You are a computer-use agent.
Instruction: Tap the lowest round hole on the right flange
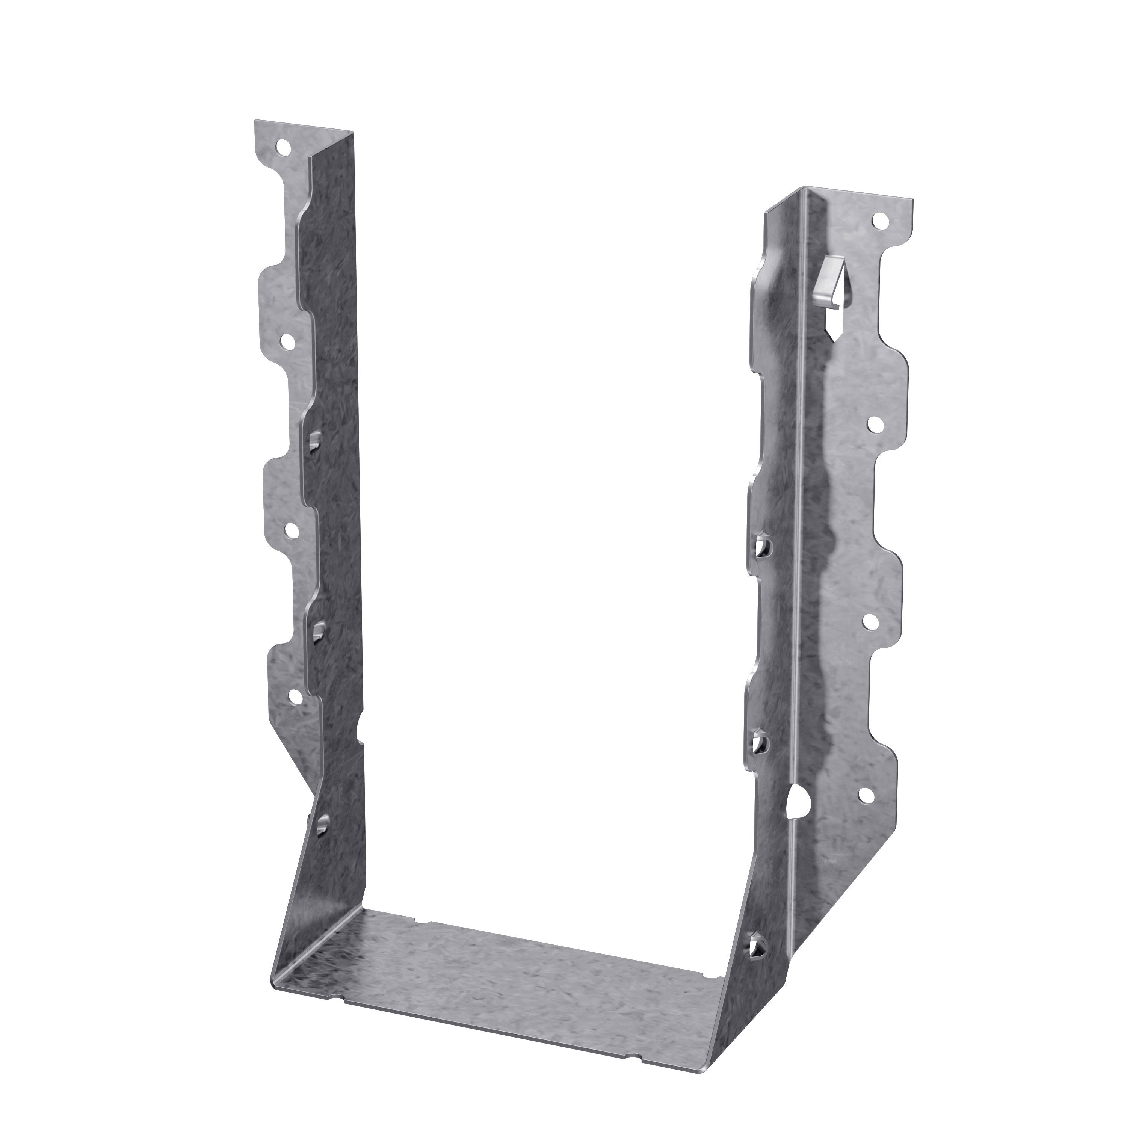pos(866,795)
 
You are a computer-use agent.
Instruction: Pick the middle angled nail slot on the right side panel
pos(760,743)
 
